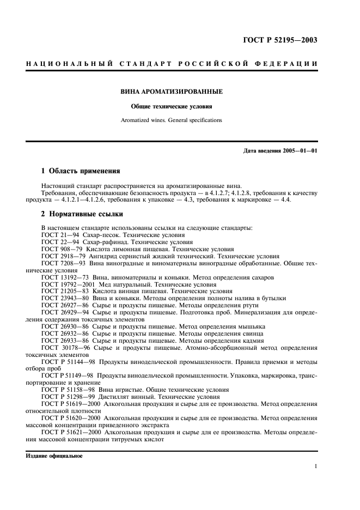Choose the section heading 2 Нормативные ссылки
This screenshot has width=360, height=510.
point(82,214)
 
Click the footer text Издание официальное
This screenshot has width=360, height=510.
point(54,456)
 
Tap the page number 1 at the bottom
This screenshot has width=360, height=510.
point(315,466)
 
